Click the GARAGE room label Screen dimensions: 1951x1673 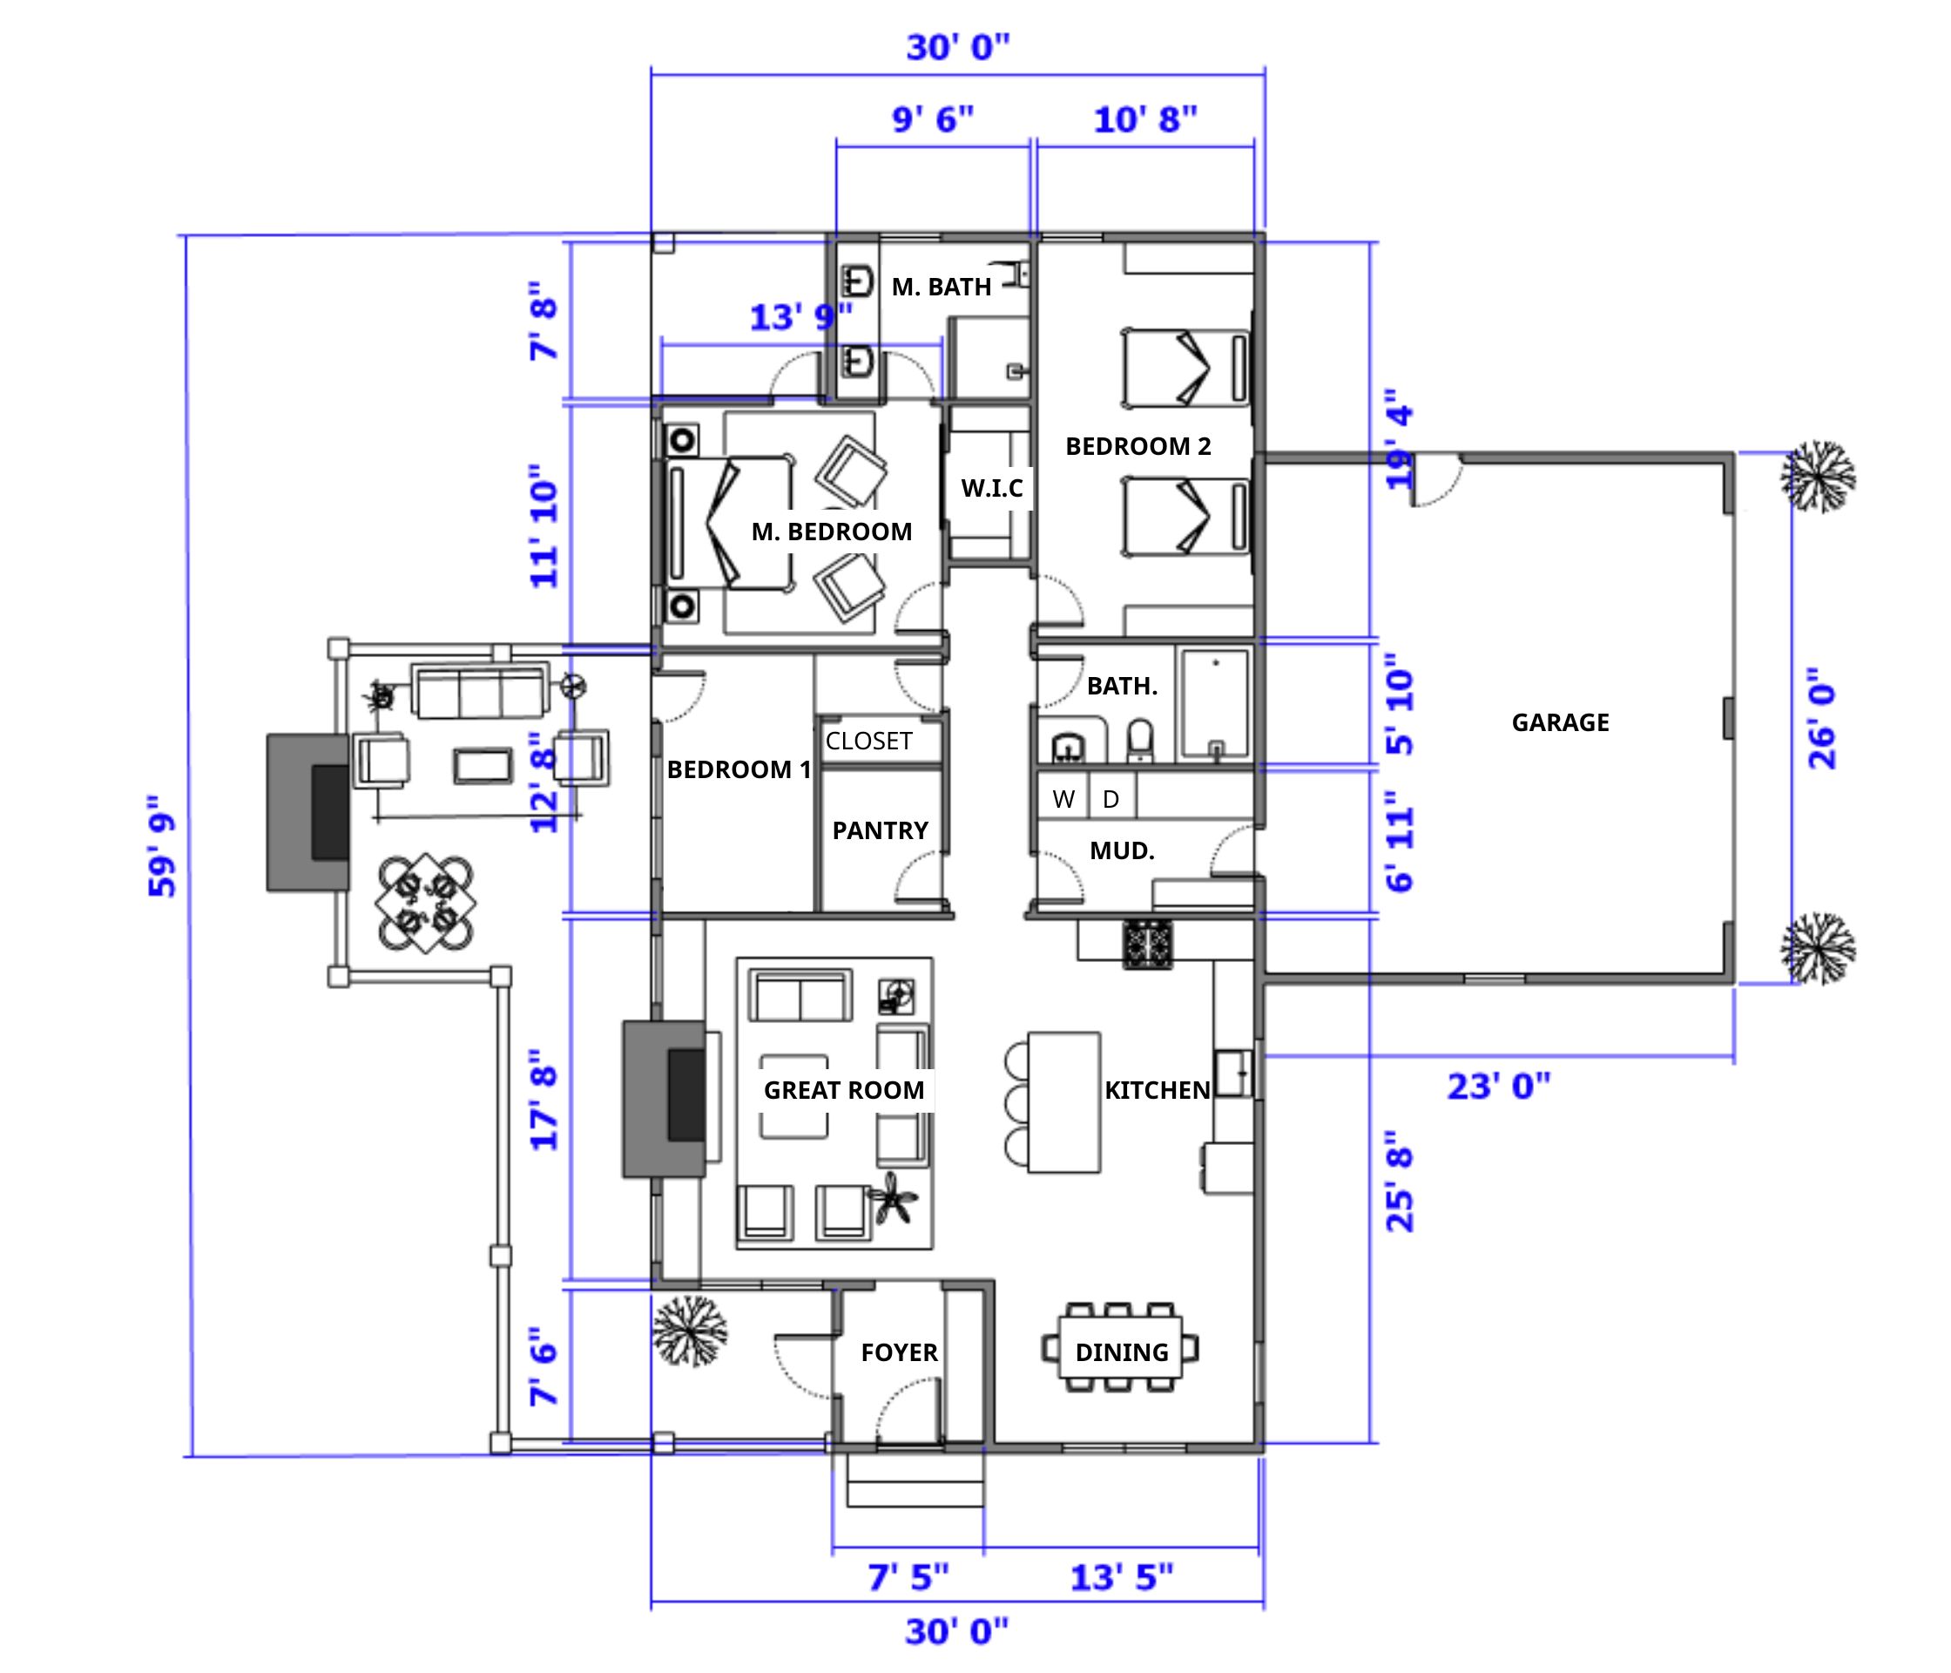tap(1560, 722)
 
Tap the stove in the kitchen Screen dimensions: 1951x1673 tap(1148, 945)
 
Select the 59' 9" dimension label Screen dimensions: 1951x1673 tap(162, 847)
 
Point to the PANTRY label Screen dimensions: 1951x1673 tap(881, 831)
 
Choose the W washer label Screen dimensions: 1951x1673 tap(1063, 800)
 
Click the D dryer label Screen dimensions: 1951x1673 tap(1111, 800)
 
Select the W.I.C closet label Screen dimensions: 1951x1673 tap(991, 488)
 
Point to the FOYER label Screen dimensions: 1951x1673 tap(899, 1352)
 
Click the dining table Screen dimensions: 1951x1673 tap(1120, 1347)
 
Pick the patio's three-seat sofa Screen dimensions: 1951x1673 tap(480, 692)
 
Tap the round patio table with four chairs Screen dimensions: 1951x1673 tap(426, 902)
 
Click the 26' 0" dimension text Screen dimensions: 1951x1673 tap(1823, 719)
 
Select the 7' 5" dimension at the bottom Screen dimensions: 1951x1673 tap(908, 1576)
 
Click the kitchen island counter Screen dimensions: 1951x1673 tap(1064, 1102)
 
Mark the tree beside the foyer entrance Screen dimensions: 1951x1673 tap(690, 1331)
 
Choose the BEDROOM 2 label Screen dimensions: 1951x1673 tap(1138, 446)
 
